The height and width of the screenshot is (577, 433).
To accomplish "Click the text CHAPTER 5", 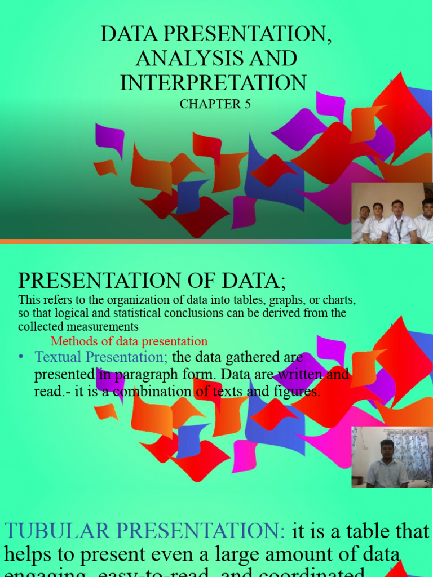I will [x=215, y=104].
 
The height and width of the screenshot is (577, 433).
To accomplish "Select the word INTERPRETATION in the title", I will [x=213, y=82].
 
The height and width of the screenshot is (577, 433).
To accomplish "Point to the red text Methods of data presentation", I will [x=129, y=341].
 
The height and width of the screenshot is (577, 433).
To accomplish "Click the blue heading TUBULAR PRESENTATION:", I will [x=144, y=531].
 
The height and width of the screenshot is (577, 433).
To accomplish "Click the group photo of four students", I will [x=392, y=213].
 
